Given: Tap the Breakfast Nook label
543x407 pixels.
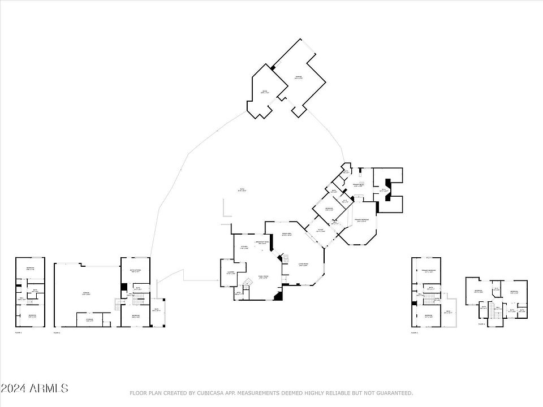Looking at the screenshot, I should [x=262, y=243].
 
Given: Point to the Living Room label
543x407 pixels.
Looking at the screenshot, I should [x=303, y=265].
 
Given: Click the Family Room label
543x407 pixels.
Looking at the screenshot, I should [x=262, y=276].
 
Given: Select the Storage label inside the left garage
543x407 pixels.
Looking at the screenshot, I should [x=89, y=319].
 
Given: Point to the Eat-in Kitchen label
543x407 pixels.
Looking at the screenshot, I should [x=135, y=271].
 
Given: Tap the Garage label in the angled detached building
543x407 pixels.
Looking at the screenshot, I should [x=298, y=77].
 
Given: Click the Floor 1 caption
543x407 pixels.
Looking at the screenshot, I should [x=57, y=333].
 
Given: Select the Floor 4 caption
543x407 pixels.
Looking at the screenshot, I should [x=481, y=324].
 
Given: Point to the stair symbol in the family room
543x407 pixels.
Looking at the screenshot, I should [x=247, y=283].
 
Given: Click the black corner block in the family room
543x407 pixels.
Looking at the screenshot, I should [x=277, y=296].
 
